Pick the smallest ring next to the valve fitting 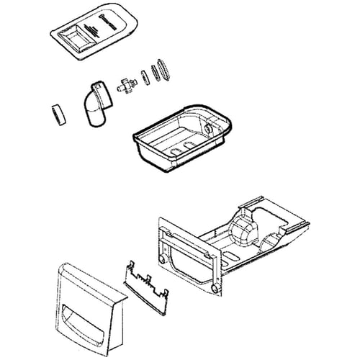coord(143,76)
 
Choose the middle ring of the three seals coord(153,73)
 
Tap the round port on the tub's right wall coord(210,127)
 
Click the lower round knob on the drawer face coord(213,289)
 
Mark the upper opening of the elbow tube coord(95,88)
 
